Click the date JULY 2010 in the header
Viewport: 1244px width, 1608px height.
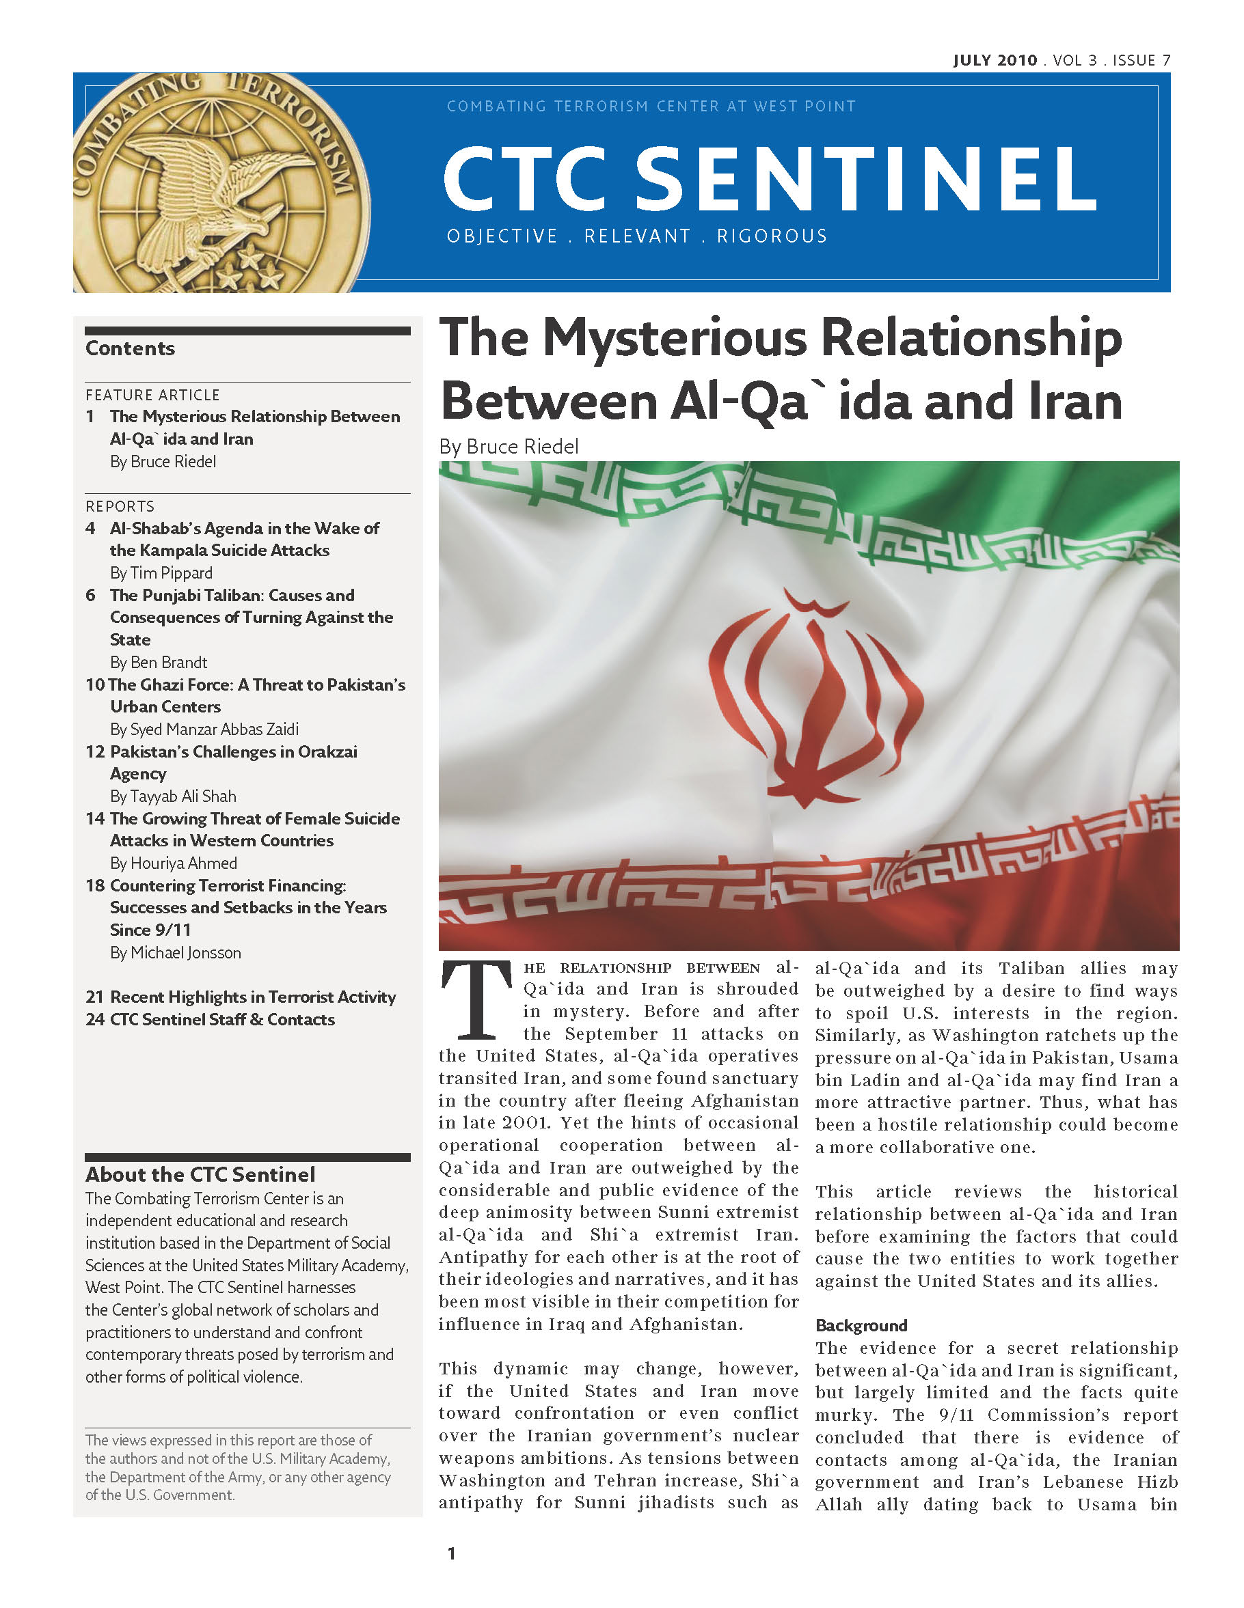coord(995,60)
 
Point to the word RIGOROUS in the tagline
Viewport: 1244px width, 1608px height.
coord(772,236)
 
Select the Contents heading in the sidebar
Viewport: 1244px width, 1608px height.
coord(131,348)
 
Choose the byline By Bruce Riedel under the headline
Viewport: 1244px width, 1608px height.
coord(509,447)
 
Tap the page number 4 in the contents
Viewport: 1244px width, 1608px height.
coord(91,528)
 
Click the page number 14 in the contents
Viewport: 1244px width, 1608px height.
coord(95,819)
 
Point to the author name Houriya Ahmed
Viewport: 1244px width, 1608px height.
coord(184,863)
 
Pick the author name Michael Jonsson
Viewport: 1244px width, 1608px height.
coord(186,953)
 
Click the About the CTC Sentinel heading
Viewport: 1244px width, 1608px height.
coord(200,1174)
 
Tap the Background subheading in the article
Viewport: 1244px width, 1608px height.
coord(861,1326)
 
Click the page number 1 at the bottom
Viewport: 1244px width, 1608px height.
coord(452,1554)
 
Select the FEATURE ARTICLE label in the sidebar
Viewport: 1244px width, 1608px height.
coord(152,396)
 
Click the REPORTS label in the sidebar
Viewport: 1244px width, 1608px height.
coord(120,507)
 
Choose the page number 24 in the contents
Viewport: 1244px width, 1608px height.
coord(95,1020)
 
